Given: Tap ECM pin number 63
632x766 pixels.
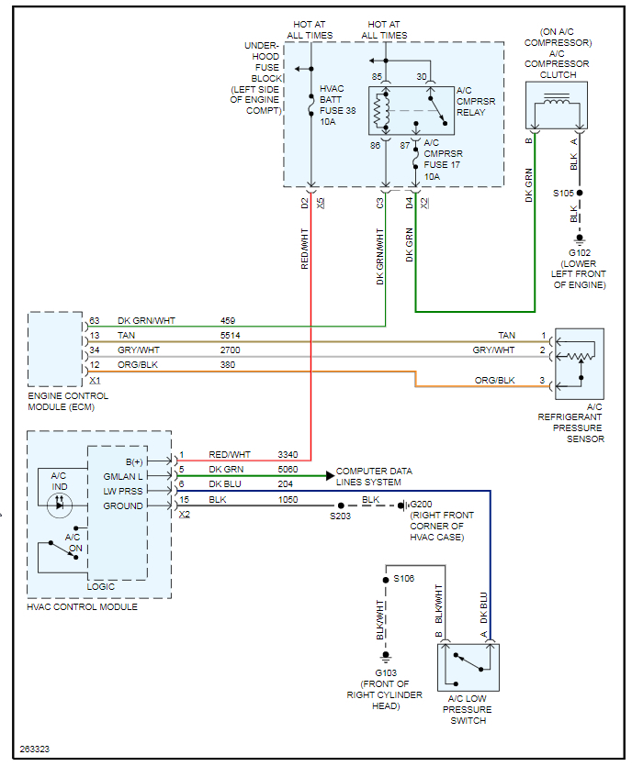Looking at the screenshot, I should pos(95,321).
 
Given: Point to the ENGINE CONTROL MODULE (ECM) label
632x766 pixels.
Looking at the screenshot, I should pos(69,401).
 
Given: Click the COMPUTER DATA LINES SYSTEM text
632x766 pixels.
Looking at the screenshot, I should pos(374,476).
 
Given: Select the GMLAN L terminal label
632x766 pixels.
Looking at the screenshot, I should pos(122,476).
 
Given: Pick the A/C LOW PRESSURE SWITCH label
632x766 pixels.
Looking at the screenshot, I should pos(468,709).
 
